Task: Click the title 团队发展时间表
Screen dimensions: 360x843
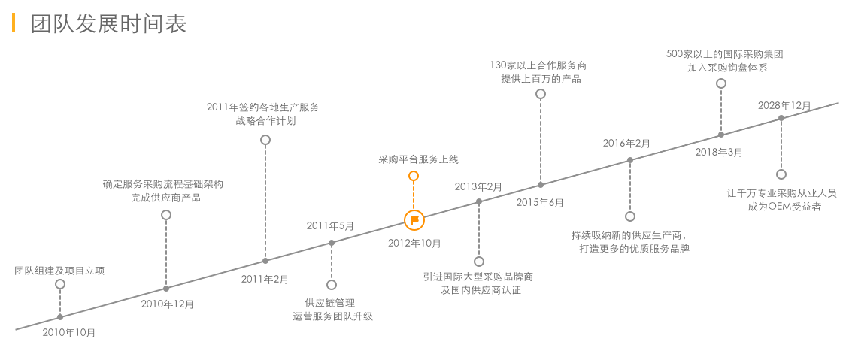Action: pos(108,24)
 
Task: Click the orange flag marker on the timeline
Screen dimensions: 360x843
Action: pos(414,220)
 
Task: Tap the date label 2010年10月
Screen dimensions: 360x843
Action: pos(69,331)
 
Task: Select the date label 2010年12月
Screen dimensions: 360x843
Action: pos(168,304)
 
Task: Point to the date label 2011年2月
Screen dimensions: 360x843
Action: pos(265,279)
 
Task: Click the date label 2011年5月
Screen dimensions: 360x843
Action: pos(330,225)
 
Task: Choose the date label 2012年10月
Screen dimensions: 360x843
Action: pos(414,243)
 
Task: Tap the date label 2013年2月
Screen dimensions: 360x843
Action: pos(478,186)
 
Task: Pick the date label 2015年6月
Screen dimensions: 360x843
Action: pos(540,202)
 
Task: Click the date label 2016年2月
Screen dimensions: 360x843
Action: pos(626,143)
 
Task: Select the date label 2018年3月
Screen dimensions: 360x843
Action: pos(718,152)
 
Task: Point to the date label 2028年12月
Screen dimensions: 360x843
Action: pos(784,105)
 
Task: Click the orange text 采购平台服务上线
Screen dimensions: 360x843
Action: pos(418,159)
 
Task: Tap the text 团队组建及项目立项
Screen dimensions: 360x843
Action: pos(59,271)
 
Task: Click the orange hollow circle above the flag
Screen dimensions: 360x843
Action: pos(413,176)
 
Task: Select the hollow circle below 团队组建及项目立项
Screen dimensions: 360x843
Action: pos(60,284)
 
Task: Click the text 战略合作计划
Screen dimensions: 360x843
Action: pos(265,120)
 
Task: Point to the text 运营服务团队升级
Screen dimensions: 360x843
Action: pos(332,316)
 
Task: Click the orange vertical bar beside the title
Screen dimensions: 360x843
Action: pos(14,23)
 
